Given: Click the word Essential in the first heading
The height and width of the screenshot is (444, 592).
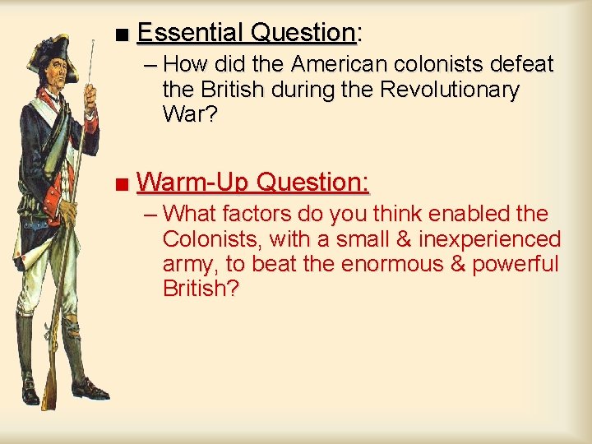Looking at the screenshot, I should tap(192, 33).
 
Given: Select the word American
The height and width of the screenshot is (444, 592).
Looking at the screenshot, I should tap(339, 64).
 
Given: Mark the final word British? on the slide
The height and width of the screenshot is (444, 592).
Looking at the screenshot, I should tap(200, 289).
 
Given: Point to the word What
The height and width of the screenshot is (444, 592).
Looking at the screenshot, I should tap(189, 214).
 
